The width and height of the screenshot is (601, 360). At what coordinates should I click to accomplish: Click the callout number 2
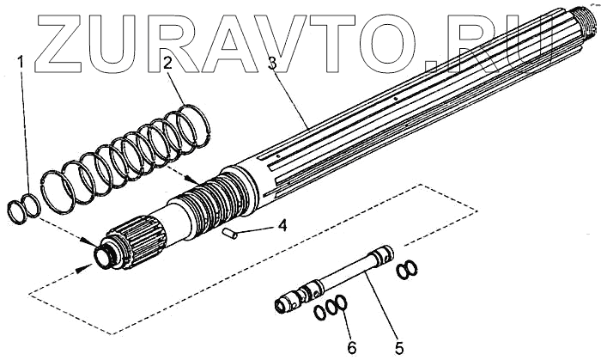click(x=169, y=61)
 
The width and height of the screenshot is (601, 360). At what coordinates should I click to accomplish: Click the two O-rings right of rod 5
click(x=408, y=270)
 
